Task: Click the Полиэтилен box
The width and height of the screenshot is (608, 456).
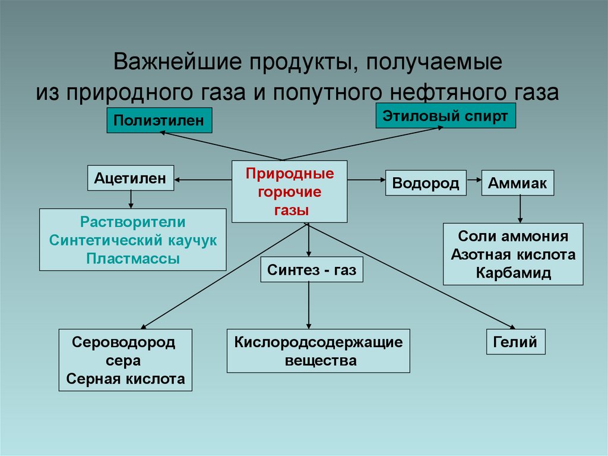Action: tap(159, 121)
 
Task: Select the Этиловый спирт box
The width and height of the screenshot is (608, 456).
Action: tap(445, 116)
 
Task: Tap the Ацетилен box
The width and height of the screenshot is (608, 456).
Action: tap(131, 178)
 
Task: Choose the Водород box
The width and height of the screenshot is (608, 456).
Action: tap(426, 183)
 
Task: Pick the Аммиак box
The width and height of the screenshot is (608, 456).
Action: tap(517, 183)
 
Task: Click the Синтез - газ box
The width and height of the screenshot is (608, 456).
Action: tap(311, 271)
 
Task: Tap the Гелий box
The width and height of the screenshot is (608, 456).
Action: tap(515, 342)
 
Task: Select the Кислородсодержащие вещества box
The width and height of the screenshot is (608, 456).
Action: tap(318, 351)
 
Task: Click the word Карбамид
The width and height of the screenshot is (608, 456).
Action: tap(513, 273)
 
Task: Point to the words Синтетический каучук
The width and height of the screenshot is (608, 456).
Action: tap(133, 241)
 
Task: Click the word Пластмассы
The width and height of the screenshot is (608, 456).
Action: tap(133, 259)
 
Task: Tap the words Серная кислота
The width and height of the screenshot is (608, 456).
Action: tap(125, 379)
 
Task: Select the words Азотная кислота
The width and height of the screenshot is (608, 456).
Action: tap(513, 255)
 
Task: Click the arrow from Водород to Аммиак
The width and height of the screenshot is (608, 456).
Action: tap(473, 178)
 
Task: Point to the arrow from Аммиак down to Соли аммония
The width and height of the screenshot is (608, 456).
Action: tap(520, 209)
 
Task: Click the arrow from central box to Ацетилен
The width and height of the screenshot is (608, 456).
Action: tap(202, 180)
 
